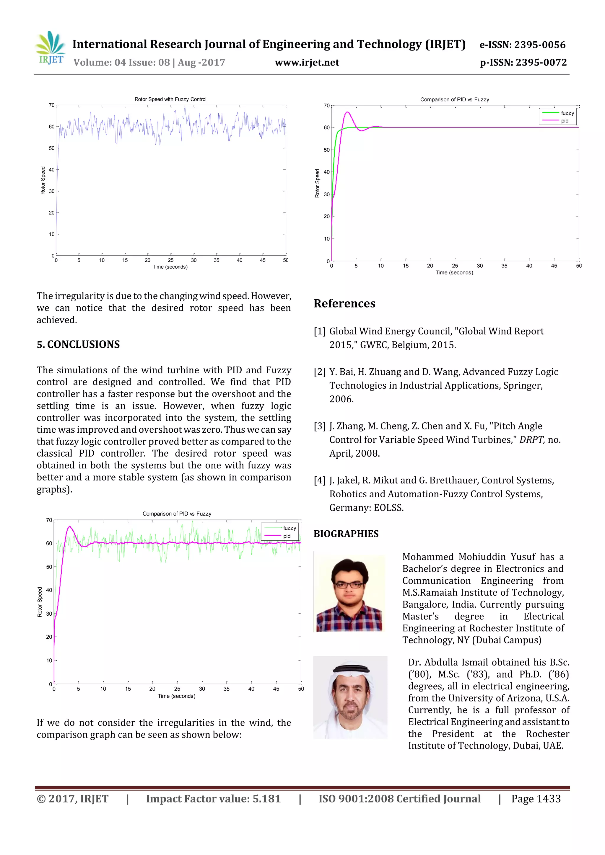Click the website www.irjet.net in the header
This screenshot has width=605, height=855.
pos(307,63)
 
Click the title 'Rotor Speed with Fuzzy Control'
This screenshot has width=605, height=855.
pos(170,99)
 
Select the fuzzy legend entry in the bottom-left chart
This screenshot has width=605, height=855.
pos(289,528)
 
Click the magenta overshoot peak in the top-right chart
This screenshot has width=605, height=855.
pos(347,112)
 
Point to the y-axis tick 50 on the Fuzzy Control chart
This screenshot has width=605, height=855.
pos(51,148)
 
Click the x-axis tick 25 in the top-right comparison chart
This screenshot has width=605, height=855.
pos(455,266)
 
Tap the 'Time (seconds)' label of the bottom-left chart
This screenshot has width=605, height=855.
pos(176,696)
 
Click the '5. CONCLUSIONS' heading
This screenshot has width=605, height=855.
pos(78,344)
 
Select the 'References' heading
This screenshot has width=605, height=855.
pos(344,303)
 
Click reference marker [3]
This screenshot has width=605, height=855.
pos(319,426)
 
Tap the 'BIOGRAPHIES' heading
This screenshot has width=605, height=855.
pos(346,534)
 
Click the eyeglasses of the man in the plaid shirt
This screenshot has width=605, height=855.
pos(349,585)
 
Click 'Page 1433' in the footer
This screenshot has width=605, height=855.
pos(536,798)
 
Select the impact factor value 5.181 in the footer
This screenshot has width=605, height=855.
pos(266,798)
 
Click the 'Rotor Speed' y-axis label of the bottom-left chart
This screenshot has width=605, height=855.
pos(40,602)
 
